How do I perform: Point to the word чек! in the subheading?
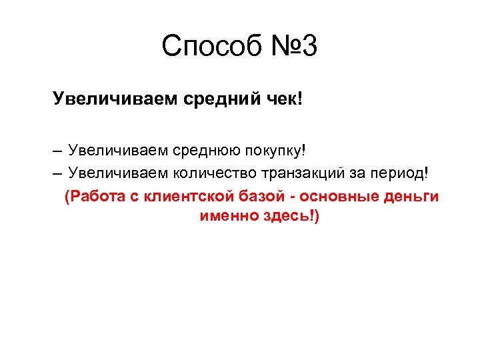click(x=283, y=100)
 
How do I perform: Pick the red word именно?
click(x=227, y=217)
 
